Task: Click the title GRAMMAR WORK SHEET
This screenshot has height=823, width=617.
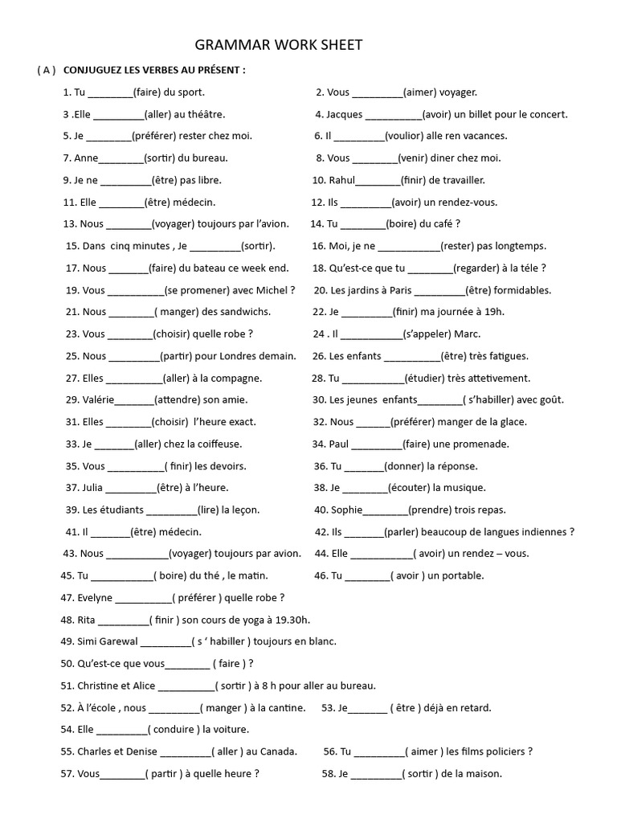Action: pos(280,46)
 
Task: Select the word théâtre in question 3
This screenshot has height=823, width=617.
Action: pos(205,114)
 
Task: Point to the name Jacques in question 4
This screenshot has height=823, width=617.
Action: pos(345,114)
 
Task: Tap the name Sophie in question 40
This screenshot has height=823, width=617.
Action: pos(347,510)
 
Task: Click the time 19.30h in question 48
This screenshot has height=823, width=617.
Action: pos(289,620)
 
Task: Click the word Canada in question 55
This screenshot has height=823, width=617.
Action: pos(279,751)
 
